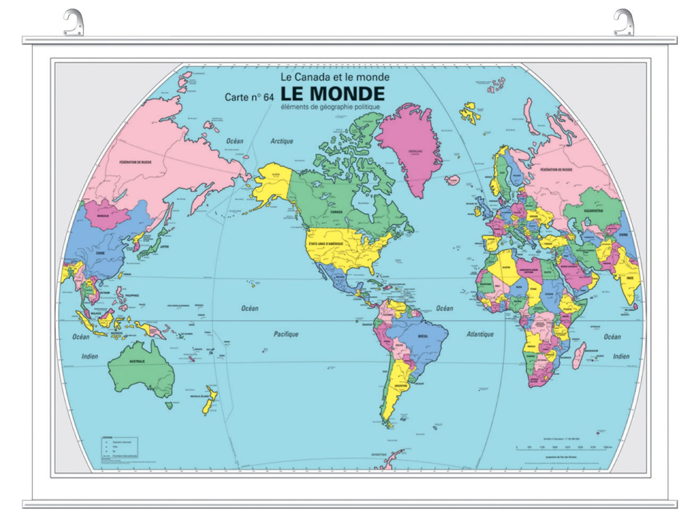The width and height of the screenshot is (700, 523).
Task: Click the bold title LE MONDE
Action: coord(332,93)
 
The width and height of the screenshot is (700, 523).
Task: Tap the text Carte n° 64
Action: coord(249,97)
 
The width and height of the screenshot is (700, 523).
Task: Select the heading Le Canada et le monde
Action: coord(335,77)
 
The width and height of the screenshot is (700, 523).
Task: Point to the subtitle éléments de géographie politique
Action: coord(330,107)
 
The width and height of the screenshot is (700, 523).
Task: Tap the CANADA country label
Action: coord(336,212)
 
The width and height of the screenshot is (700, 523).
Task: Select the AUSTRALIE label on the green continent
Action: coord(137,361)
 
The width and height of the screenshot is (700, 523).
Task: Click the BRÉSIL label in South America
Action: coord(423,336)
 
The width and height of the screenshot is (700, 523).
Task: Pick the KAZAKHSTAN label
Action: coord(593,211)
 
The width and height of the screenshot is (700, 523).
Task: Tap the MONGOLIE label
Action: coord(103,215)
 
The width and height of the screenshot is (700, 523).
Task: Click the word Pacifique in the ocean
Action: coord(286,334)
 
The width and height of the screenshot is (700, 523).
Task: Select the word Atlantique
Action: coord(480,334)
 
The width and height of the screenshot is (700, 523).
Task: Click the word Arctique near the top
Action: coord(281,141)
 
